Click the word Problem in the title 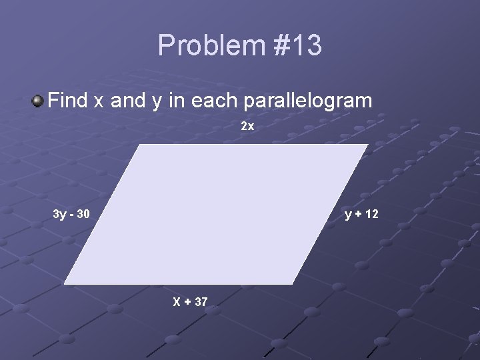click(x=211, y=46)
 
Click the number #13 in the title click(x=297, y=46)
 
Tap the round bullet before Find click(x=37, y=101)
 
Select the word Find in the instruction click(x=69, y=101)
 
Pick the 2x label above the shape click(x=247, y=126)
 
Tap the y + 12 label click(x=361, y=214)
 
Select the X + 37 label click(x=191, y=302)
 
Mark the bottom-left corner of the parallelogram click(x=64, y=284)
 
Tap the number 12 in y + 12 click(x=371, y=214)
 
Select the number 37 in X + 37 click(x=201, y=302)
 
